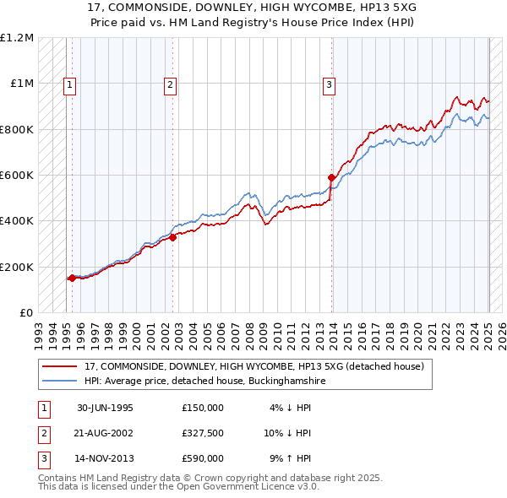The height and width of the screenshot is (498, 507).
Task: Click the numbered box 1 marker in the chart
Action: [x=68, y=84]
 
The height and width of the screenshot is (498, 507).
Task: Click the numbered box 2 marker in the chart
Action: [x=170, y=84]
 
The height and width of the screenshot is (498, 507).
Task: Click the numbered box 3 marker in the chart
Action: [x=328, y=84]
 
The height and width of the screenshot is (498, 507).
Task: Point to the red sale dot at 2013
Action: [x=331, y=177]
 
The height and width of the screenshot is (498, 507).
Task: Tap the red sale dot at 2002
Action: [x=172, y=237]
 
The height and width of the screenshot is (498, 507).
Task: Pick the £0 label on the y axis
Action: [x=27, y=313]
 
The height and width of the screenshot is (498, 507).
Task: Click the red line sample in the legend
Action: [x=60, y=366]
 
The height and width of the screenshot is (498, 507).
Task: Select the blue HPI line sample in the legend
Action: [x=60, y=381]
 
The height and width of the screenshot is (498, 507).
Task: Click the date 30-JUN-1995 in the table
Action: [x=105, y=408]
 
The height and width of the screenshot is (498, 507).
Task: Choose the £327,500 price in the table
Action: [x=203, y=433]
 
